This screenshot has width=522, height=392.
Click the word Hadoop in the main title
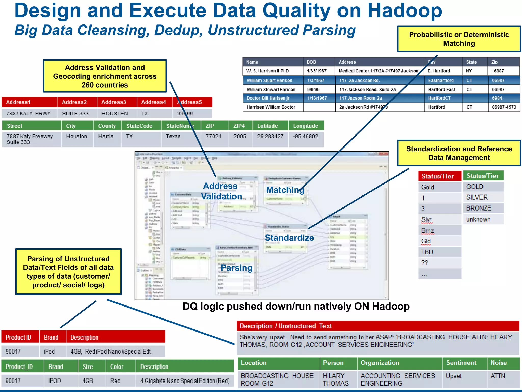pos(404,11)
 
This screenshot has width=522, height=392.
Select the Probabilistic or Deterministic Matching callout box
pos(459,39)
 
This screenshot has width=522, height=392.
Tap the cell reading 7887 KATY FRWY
pos(28,113)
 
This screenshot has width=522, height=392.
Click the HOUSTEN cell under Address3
pos(115,113)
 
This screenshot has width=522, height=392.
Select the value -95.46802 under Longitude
pos(305,136)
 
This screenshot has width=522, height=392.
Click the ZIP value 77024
pos(213,136)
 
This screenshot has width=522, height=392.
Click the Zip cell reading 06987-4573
pos(504,107)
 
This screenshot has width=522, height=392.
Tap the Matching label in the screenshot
pos(285,190)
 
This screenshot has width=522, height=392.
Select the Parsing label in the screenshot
pos(236,268)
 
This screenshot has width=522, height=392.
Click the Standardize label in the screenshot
pos(289,238)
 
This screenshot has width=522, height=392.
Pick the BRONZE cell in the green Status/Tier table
pos(478,208)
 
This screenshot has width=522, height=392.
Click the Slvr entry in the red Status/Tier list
pos(426,220)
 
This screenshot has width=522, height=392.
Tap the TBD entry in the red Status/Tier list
pos(427,252)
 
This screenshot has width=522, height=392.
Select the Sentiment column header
pos(461,363)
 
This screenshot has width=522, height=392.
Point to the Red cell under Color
pos(115,381)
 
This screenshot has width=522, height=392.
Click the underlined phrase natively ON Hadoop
pos(361,307)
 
